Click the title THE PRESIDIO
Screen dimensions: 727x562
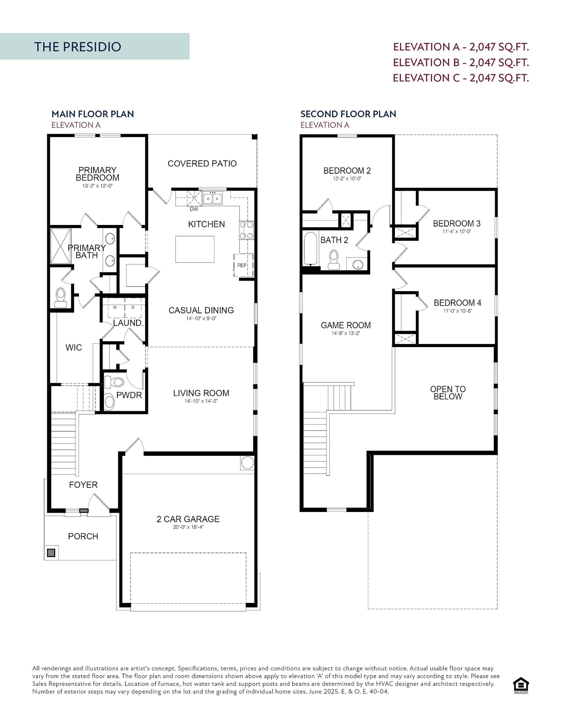77,47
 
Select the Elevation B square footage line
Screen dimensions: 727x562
461,62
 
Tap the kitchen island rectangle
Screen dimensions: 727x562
195,249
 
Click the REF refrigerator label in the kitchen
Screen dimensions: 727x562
242,265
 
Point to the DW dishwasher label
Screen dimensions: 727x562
193,209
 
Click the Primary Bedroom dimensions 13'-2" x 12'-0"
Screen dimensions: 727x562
98,186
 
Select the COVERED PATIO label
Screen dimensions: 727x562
202,164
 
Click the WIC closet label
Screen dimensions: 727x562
74,348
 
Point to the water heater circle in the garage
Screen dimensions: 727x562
247,463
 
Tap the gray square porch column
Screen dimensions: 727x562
51,553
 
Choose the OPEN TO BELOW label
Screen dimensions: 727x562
447,392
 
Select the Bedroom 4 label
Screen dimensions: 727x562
457,302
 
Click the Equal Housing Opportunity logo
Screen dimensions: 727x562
521,686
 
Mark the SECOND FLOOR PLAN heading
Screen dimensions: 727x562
348,114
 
